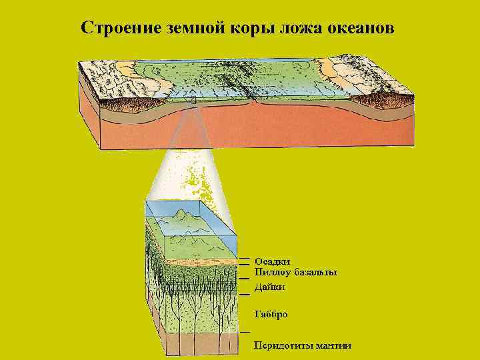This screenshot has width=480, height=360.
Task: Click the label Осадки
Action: (x=273, y=261)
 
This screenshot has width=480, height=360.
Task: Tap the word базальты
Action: (x=315, y=272)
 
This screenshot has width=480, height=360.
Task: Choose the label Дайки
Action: (x=270, y=287)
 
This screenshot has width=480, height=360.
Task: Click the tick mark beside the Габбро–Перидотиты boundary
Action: (x=245, y=331)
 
